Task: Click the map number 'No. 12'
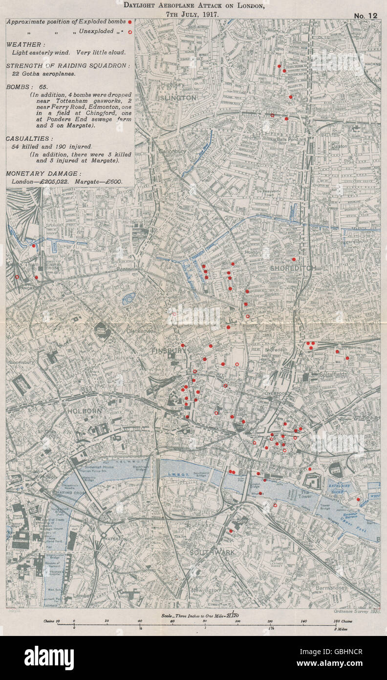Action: [365, 15]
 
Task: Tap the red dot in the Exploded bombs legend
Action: [129, 23]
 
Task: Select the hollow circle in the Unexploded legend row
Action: [129, 32]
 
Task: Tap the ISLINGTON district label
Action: [177, 98]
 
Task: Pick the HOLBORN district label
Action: [85, 411]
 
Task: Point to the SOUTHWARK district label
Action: [213, 552]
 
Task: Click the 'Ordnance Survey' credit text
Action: [348, 612]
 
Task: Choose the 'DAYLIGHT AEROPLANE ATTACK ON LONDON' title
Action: [194, 6]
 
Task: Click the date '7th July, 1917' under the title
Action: [194, 15]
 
